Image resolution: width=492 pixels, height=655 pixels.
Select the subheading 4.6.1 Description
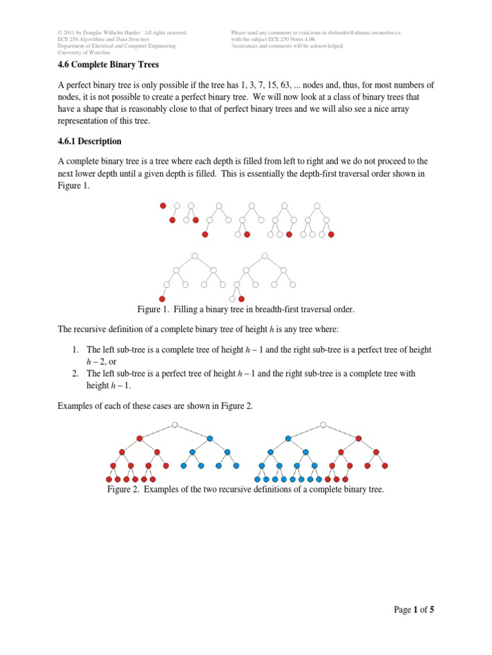(90, 141)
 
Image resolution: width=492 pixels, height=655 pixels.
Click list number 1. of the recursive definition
(76, 350)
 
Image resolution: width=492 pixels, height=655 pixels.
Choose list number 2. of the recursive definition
(76, 373)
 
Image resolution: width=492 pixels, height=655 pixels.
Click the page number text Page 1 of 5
(414, 610)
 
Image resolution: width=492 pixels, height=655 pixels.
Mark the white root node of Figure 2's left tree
(174, 424)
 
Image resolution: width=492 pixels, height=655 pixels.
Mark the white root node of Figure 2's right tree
(324, 424)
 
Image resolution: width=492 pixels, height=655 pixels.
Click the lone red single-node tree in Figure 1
(163, 205)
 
